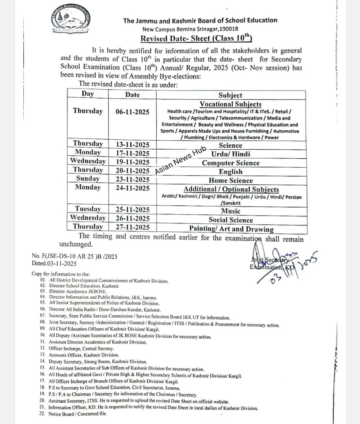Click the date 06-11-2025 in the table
point(133,112)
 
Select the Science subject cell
point(230,145)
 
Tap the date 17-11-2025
point(133,154)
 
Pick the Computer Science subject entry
point(231,163)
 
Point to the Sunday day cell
point(88,178)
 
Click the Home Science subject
point(231,180)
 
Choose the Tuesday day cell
point(88,209)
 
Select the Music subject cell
point(231,211)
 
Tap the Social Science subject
point(231,220)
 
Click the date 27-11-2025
point(133,227)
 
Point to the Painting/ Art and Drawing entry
point(231,229)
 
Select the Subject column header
point(230,95)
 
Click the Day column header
point(87,94)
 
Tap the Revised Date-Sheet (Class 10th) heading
point(196,38)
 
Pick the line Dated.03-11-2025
point(54,263)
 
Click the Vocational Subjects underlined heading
point(230,104)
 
